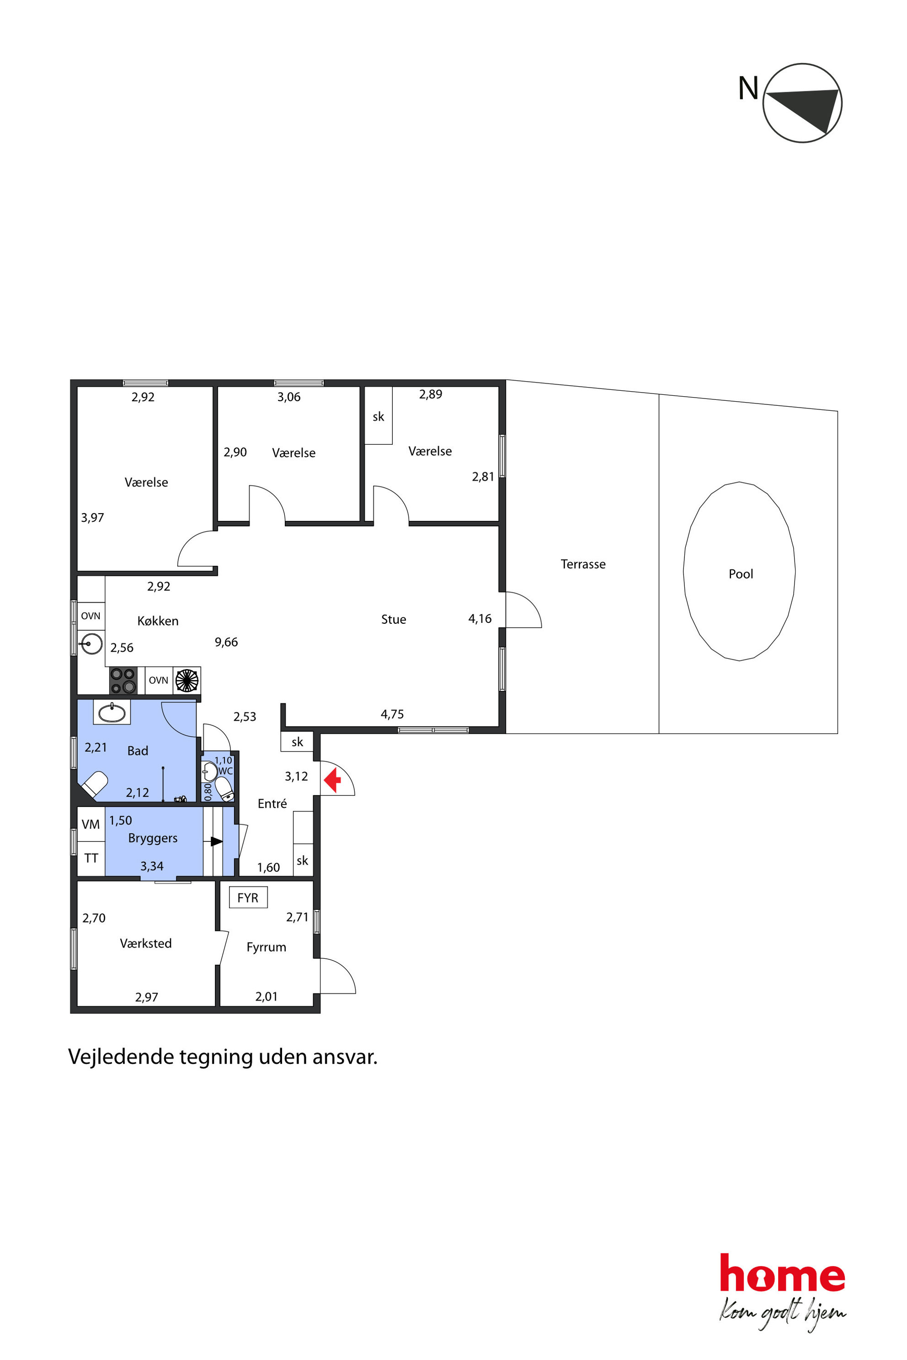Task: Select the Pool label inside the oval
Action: tap(741, 574)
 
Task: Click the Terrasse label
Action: tap(583, 564)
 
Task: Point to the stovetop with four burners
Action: tap(123, 680)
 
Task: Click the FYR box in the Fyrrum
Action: tap(248, 898)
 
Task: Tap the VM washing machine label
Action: tap(91, 824)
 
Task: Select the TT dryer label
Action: tap(91, 858)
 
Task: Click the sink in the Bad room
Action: tap(112, 713)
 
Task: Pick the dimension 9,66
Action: tap(226, 642)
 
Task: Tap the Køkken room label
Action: tap(158, 621)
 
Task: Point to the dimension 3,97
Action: tap(92, 517)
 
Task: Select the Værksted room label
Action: tap(146, 944)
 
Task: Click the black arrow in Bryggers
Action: tap(216, 842)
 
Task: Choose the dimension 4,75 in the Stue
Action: tap(392, 714)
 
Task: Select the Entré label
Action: tap(272, 804)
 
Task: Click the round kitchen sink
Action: tap(91, 643)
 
